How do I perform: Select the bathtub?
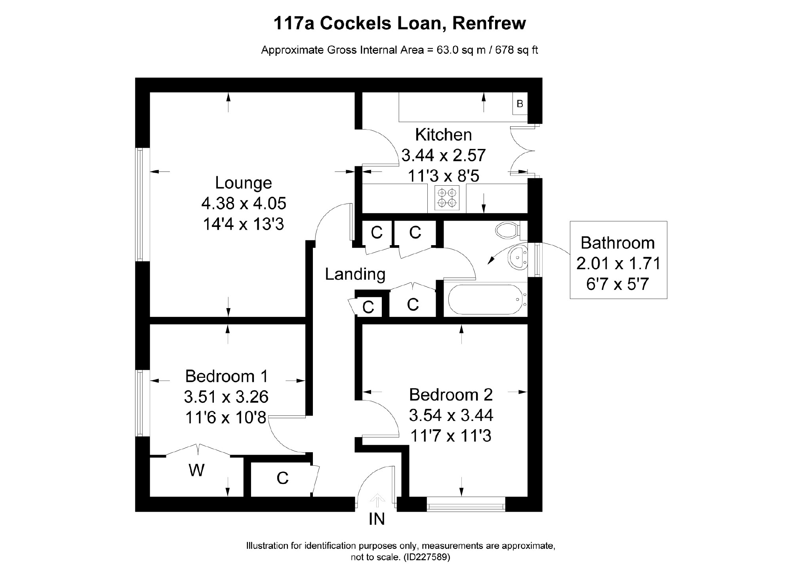[485, 300]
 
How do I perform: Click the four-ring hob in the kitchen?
[447, 198]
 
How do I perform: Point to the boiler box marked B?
[520, 104]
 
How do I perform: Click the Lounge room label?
[244, 183]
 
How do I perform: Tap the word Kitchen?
[443, 135]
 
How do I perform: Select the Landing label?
[355, 274]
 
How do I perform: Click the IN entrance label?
[376, 519]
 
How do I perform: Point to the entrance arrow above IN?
[377, 500]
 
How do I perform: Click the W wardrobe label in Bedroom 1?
[196, 470]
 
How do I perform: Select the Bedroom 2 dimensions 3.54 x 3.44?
[451, 415]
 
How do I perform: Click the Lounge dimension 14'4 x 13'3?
[244, 225]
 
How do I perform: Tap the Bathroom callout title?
[617, 243]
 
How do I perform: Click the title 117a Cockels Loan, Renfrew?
[400, 23]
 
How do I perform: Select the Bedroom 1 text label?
[227, 376]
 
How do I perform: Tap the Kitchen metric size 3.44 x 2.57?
[443, 155]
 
